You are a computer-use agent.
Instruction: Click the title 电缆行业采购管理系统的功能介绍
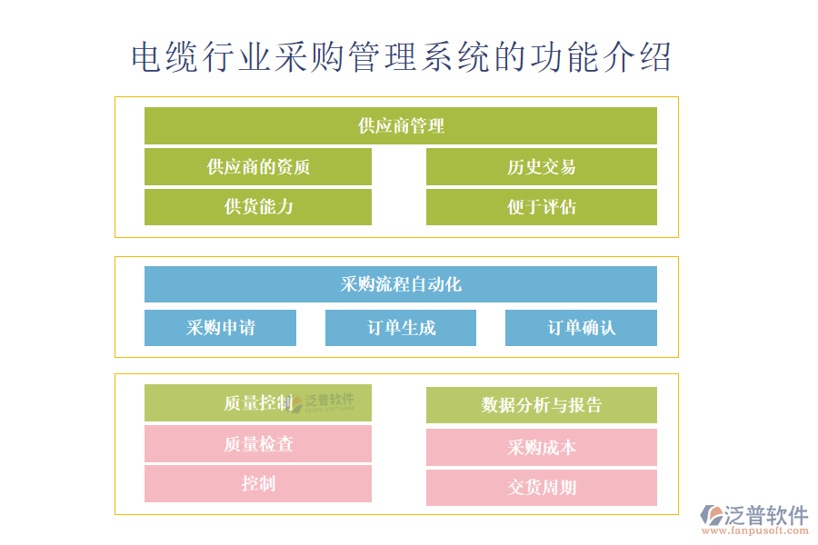point(401,56)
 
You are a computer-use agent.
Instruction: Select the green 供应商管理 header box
point(400,125)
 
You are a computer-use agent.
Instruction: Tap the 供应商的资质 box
point(258,167)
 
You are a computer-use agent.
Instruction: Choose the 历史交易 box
point(541,167)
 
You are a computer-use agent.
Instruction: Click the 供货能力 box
point(258,207)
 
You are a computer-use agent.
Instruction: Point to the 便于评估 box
point(541,207)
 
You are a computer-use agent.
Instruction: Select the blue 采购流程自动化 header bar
point(400,284)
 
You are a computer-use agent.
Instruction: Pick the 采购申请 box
point(220,328)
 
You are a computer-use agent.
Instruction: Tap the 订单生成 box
point(400,328)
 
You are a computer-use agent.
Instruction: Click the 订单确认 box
point(581,328)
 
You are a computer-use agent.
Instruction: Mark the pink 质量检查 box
point(258,444)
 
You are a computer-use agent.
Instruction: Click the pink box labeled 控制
point(258,483)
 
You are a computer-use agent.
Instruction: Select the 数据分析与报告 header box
point(541,405)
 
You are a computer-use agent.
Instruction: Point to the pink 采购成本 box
point(541,447)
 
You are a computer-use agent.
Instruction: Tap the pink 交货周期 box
point(541,488)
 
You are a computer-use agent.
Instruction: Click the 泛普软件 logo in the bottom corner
point(754,514)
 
